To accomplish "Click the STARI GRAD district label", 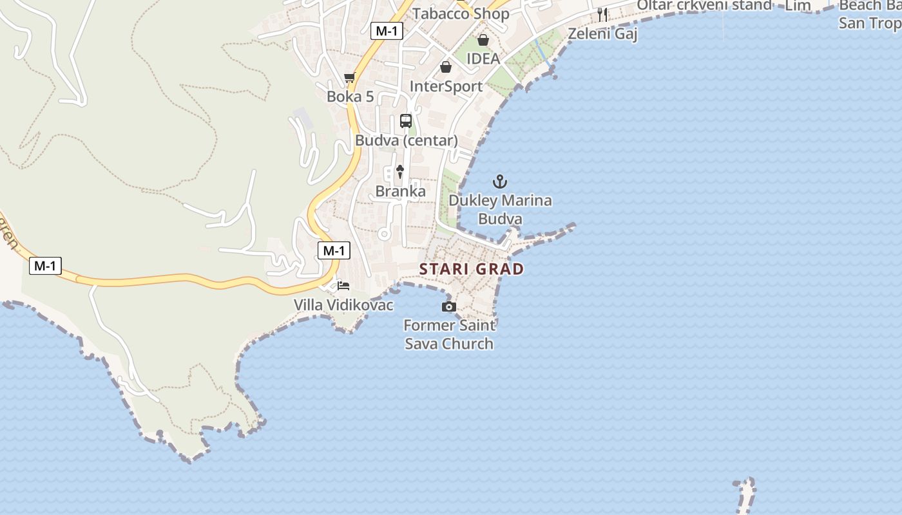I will (x=472, y=269).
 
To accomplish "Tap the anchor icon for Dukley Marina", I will (x=500, y=182).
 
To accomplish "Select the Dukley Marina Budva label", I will (x=500, y=209).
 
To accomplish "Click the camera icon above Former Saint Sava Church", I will (x=449, y=306).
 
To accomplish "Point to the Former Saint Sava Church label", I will (x=449, y=334).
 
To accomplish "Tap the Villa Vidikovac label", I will (x=343, y=304).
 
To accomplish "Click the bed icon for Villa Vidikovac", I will (x=343, y=285).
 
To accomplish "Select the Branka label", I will (x=400, y=191).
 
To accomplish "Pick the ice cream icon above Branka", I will (x=400, y=171).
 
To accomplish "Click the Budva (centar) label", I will (x=406, y=140).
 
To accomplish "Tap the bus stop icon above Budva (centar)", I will (x=406, y=120).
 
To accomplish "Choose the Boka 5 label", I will (x=350, y=97).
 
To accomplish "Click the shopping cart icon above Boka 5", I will (x=350, y=78).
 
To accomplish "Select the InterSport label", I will (x=446, y=86).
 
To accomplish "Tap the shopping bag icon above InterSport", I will (x=446, y=67).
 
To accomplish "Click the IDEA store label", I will (x=483, y=59).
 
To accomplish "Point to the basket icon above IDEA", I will (x=483, y=40).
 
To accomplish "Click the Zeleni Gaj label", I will (x=602, y=33).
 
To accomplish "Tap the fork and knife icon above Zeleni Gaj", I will (x=602, y=14).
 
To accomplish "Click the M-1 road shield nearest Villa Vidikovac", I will (x=334, y=251).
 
